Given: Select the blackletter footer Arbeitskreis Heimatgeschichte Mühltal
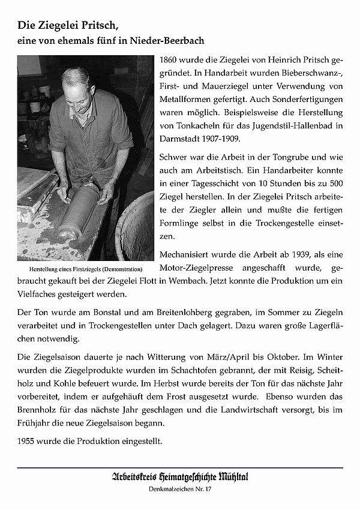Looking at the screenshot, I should point(179,478).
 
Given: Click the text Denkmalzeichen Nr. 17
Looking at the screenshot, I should point(179,491).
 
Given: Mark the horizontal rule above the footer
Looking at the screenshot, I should point(180,467).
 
